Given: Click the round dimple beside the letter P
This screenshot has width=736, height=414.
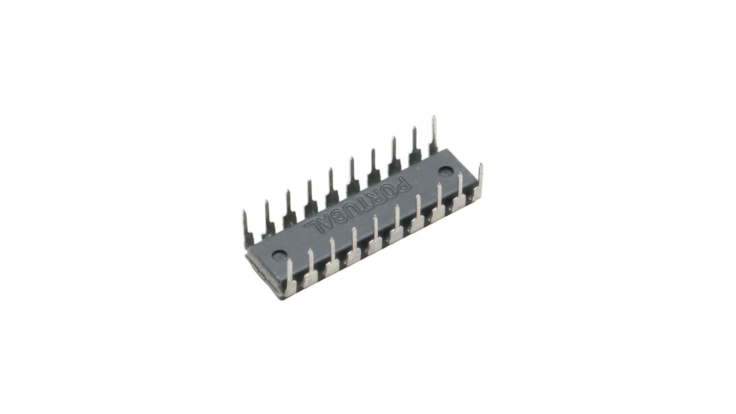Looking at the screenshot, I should (445, 172).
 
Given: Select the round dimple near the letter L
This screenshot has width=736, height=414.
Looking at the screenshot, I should (278, 255).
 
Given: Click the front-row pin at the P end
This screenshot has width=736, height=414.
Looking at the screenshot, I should (479, 182).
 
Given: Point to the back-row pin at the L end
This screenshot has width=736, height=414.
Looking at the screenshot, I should (247, 227).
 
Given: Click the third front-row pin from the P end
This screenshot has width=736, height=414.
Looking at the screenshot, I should (439, 203).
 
